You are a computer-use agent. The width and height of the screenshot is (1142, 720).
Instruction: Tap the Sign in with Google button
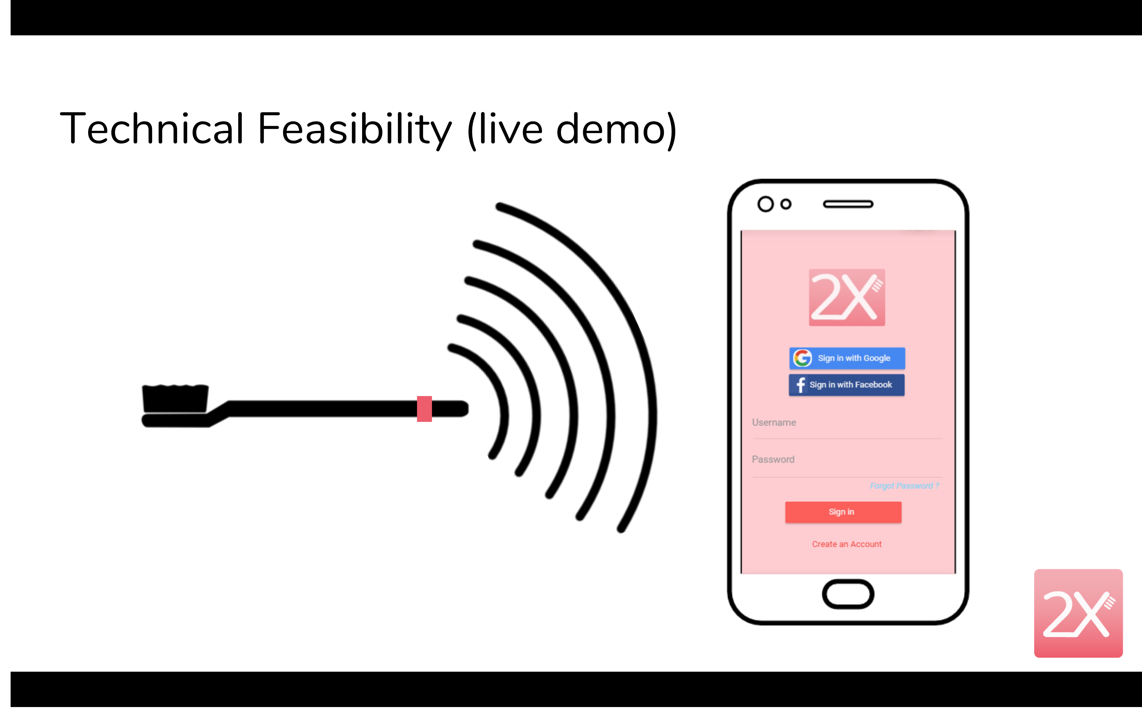[847, 358]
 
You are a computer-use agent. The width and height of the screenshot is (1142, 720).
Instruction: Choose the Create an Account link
[846, 544]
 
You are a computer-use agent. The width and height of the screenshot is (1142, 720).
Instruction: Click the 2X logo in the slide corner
[1078, 613]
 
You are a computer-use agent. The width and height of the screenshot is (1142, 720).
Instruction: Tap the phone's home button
[848, 594]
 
